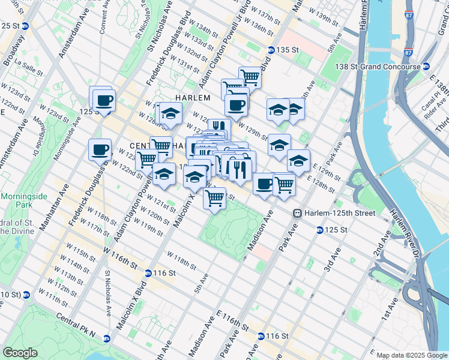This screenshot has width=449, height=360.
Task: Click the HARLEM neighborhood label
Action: click(192, 98)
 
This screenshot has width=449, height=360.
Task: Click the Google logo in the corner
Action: click(20, 353)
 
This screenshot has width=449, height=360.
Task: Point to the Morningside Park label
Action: click(19, 201)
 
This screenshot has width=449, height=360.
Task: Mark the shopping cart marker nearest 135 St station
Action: click(250, 77)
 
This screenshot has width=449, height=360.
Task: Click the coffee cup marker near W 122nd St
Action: click(100, 149)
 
